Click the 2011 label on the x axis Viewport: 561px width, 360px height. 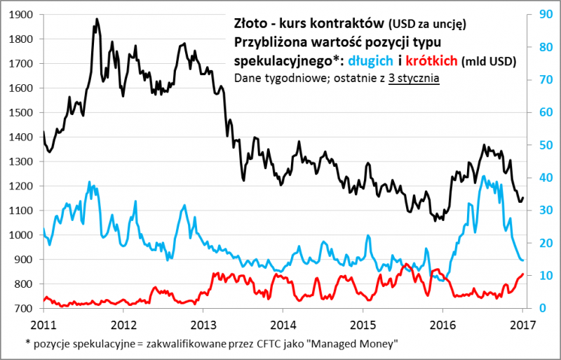pyautogui.click(x=43, y=324)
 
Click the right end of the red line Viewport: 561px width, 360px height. pyautogui.click(x=522, y=274)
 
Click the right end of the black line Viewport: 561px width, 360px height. pyautogui.click(x=522, y=198)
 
